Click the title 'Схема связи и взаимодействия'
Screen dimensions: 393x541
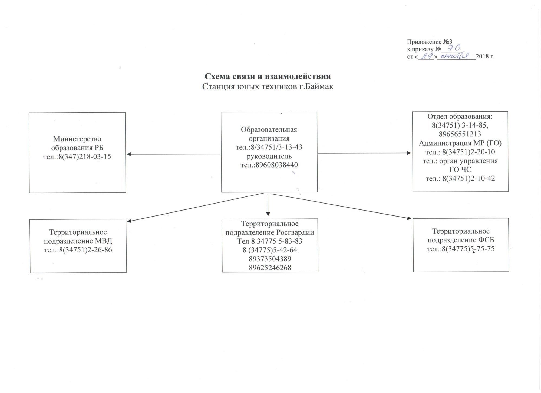click(x=268, y=76)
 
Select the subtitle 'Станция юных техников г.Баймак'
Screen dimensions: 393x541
click(x=268, y=86)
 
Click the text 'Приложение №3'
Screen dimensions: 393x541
click(x=430, y=42)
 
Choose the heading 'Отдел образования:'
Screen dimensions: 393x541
click(x=460, y=116)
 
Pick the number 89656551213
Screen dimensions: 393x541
click(x=460, y=134)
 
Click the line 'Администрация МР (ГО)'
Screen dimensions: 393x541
click(x=460, y=143)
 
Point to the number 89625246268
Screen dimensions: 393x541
click(x=270, y=268)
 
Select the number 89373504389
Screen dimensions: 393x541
click(x=270, y=259)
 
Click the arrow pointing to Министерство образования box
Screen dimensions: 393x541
click(x=173, y=154)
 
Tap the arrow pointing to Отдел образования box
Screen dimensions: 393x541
click(x=364, y=153)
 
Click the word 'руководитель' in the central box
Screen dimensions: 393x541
click(x=269, y=156)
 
